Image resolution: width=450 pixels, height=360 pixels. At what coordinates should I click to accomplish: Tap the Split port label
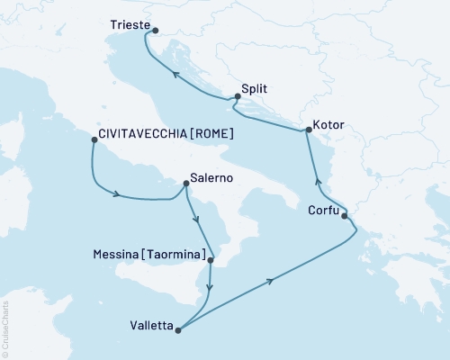pyautogui.click(x=255, y=89)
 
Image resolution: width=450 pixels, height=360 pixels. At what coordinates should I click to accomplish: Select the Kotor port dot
pyautogui.click(x=309, y=130)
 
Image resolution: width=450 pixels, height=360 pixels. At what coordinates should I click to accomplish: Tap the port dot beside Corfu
pyautogui.click(x=345, y=215)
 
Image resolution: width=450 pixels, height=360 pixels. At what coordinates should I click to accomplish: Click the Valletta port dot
pyautogui.click(x=178, y=330)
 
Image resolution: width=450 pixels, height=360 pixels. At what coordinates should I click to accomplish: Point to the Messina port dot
pyautogui.click(x=211, y=261)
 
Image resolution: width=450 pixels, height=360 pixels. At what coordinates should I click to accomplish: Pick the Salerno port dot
pyautogui.click(x=184, y=184)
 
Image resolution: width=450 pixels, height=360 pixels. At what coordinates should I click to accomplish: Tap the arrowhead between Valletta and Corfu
pyautogui.click(x=270, y=282)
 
